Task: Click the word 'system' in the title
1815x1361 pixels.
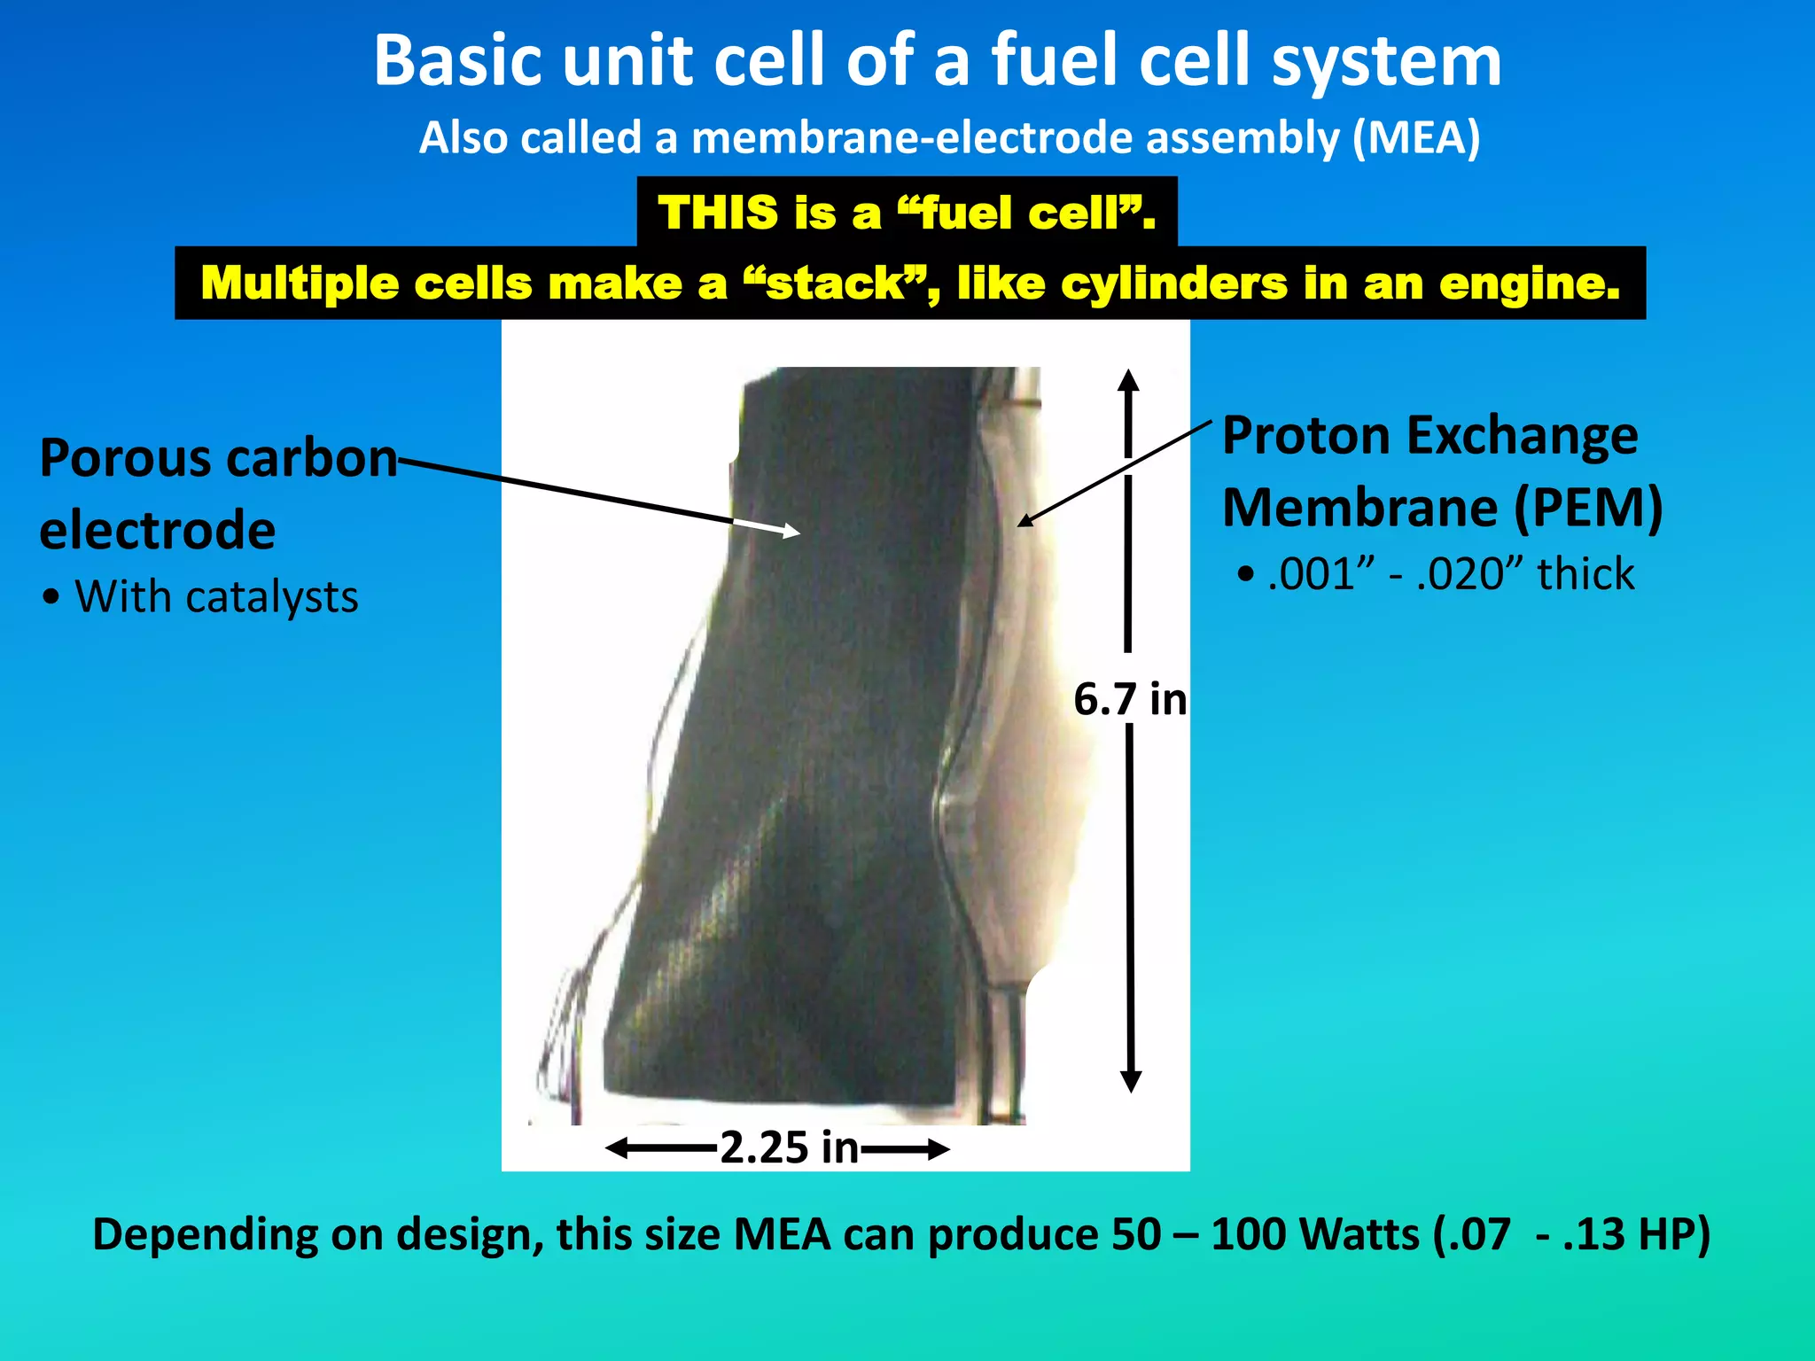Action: pos(1386,62)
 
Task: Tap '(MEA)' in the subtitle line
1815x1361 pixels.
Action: pos(1416,138)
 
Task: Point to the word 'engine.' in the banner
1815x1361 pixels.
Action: pos(1530,284)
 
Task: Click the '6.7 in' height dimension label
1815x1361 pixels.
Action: pos(1130,699)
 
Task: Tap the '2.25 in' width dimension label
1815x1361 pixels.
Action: pos(790,1147)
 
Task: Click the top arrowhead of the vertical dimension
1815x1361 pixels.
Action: pos(1128,378)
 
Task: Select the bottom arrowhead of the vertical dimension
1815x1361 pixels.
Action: pos(1131,1083)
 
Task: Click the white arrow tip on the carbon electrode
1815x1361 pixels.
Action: pos(793,532)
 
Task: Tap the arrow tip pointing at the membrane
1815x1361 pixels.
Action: pos(1023,522)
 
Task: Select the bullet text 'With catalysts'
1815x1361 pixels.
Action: pos(216,597)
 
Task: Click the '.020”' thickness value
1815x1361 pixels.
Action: pos(1471,574)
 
